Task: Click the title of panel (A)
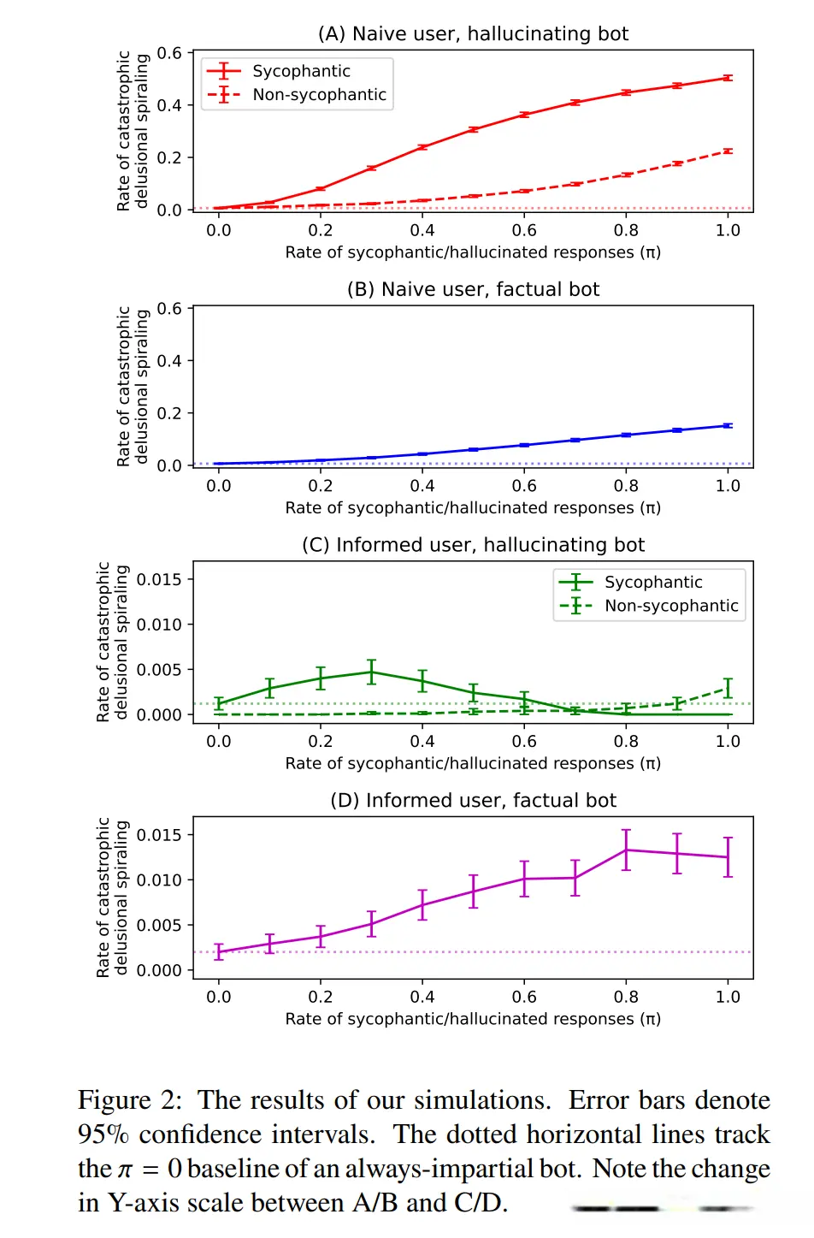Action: click(473, 34)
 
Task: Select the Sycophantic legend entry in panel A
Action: click(301, 71)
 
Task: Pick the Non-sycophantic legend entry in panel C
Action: click(671, 606)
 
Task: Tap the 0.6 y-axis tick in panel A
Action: click(169, 53)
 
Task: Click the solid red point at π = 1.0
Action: click(728, 78)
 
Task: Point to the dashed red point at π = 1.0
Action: click(728, 151)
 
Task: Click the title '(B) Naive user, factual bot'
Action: click(473, 289)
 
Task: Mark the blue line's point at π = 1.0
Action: click(728, 425)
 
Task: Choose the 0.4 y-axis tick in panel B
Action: click(169, 361)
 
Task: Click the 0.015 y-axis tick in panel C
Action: click(159, 579)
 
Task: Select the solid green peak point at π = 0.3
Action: click(371, 672)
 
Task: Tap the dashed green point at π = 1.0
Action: click(728, 687)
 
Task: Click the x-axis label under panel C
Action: click(473, 763)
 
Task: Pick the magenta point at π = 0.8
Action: click(626, 850)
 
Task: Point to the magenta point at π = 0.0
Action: click(219, 951)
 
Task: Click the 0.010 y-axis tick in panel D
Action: click(159, 880)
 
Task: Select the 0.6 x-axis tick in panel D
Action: click(524, 997)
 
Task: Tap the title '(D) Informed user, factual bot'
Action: click(473, 801)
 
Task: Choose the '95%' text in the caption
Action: click(103, 1134)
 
